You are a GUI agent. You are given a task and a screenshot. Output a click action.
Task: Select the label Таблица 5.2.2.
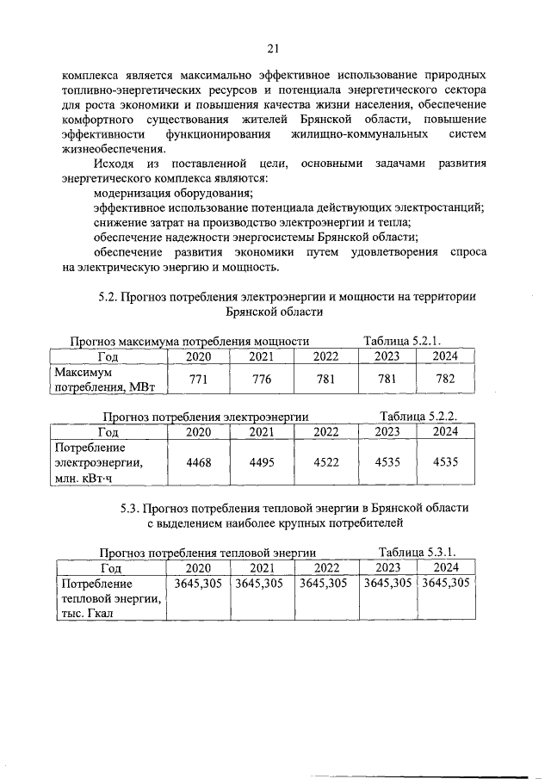point(418,417)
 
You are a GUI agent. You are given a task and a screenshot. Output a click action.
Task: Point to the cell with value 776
point(263,380)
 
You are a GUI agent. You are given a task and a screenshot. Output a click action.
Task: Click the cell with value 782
point(445,380)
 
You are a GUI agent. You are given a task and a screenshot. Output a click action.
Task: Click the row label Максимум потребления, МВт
point(104,380)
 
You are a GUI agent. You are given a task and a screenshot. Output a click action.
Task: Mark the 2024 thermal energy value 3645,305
point(445,583)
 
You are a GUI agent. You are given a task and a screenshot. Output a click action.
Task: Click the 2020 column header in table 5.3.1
point(198,567)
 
